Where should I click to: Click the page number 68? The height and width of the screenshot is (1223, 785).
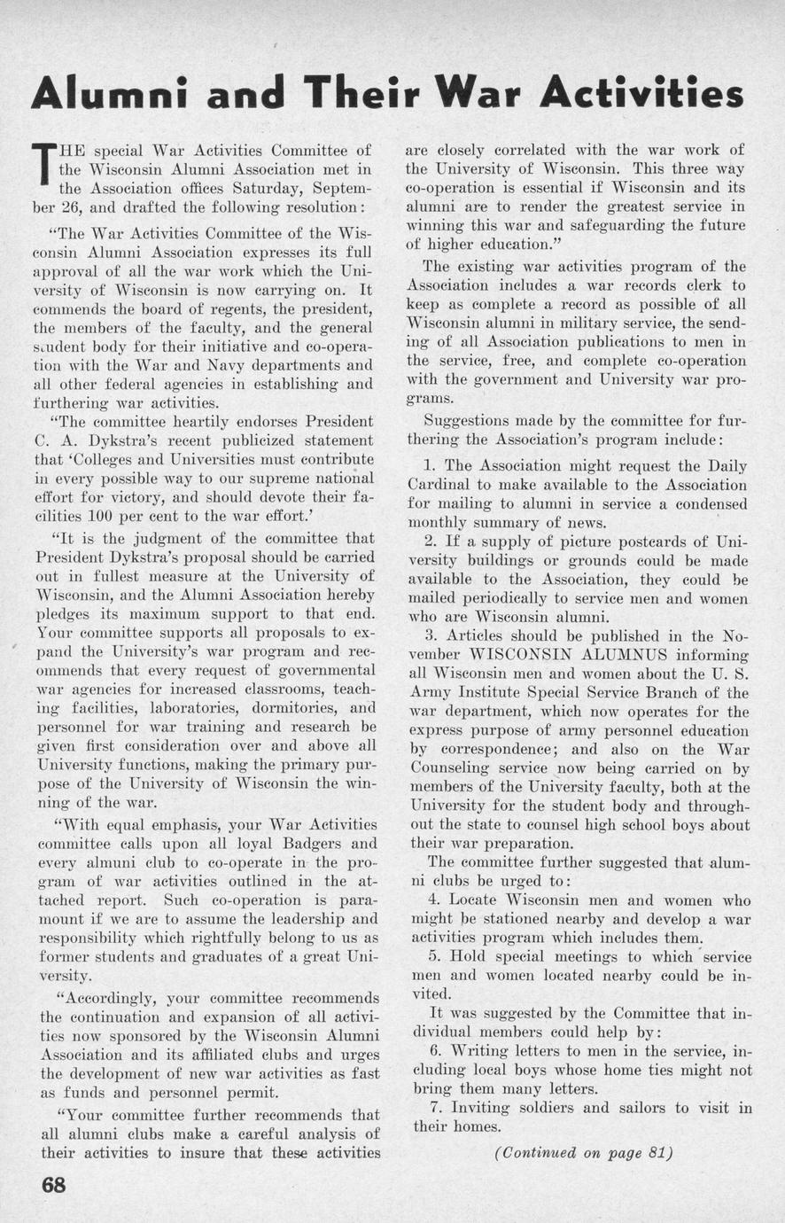point(55,1186)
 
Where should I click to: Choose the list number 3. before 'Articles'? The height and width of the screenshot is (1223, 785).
point(431,635)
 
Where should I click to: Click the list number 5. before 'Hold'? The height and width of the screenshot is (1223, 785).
point(435,956)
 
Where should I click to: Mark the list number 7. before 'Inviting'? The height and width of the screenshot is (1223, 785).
point(434,1108)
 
